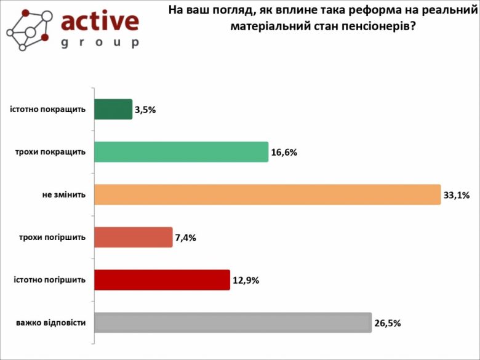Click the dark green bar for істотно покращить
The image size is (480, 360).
point(113,109)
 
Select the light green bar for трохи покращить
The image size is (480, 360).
point(181,152)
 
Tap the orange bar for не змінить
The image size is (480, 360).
point(267,194)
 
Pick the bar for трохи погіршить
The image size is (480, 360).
point(133,237)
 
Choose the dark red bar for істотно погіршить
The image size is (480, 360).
point(162,279)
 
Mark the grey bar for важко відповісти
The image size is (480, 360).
point(233,322)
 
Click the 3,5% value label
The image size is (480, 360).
point(145,110)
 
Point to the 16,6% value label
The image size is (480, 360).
point(284,153)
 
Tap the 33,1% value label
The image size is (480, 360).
point(457,196)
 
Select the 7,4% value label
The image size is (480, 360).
point(186,238)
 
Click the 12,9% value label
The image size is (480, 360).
point(246,281)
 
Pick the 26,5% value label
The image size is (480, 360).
point(388,323)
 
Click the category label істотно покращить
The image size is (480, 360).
point(47,110)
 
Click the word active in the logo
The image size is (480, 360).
point(100,22)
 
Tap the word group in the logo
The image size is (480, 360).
point(100,43)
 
